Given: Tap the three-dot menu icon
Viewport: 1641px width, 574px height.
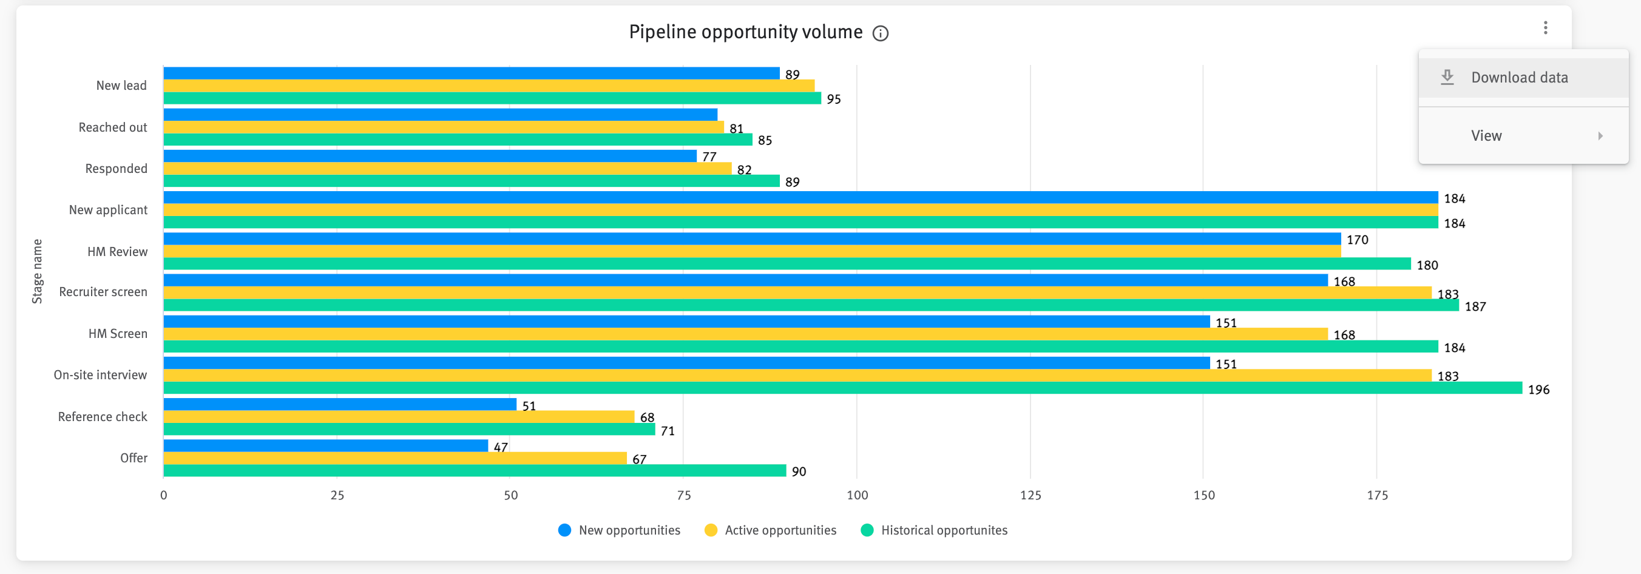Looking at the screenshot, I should (1545, 27).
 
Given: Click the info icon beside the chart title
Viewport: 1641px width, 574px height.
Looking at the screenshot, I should (880, 33).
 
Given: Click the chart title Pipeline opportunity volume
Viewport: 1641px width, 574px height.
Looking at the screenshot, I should (745, 32).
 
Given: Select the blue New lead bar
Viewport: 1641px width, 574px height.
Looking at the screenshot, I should (472, 73).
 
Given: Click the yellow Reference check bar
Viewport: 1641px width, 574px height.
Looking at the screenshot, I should (399, 417).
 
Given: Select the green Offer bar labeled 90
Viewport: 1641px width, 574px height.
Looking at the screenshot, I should (475, 471).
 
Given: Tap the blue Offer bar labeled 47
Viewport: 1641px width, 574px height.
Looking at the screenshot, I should (325, 446).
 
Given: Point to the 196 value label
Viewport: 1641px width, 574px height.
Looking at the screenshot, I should (1538, 390).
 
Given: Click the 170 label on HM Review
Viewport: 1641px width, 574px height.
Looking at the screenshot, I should (1357, 240).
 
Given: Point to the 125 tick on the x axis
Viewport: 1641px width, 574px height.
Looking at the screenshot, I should (1030, 495).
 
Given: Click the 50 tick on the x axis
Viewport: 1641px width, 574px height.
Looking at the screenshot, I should (510, 495).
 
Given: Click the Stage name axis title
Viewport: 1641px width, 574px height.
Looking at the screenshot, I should (37, 271).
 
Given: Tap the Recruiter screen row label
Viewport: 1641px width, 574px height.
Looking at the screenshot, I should (103, 292).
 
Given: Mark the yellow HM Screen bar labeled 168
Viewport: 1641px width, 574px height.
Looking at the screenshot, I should (745, 334).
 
